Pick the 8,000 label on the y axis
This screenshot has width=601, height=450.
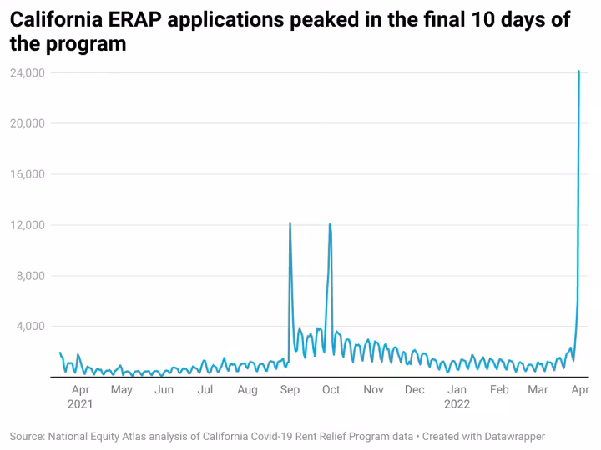coord(30,276)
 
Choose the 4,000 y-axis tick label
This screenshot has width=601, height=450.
coord(30,326)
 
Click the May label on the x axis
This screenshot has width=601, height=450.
coord(122,389)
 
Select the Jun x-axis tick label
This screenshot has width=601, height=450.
coord(164,389)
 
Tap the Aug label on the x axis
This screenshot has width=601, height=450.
coord(247,389)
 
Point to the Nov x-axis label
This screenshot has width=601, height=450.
coord(373,389)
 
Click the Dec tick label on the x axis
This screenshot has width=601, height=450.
coord(415,389)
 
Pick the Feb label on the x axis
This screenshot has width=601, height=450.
coord(499,389)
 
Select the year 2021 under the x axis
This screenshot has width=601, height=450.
coord(80,404)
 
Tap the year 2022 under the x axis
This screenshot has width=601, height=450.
coord(457,404)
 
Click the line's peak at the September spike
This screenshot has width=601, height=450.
coord(290,223)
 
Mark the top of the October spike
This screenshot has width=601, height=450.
coord(331,224)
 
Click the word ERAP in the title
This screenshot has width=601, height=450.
coord(136,19)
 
